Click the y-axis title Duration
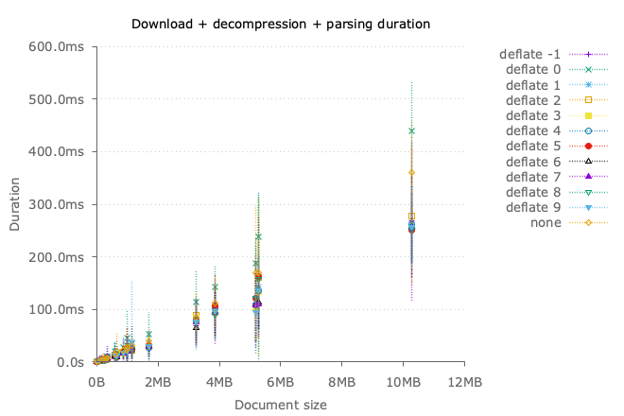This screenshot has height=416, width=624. tap(15, 204)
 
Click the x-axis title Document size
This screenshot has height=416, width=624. tap(281, 405)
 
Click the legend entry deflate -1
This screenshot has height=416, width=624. tap(531, 54)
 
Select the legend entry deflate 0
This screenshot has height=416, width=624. tap(534, 69)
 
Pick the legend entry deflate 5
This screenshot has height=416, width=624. tap(534, 146)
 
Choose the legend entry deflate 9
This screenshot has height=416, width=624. tap(534, 207)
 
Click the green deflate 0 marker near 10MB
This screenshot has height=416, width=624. tap(411, 130)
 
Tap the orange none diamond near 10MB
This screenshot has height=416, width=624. tap(411, 173)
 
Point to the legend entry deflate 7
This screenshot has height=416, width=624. tap(534, 177)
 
